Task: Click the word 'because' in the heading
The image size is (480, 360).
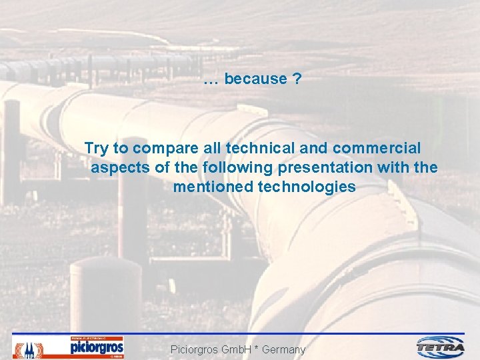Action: click(x=255, y=79)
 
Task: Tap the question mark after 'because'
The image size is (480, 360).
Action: click(x=297, y=79)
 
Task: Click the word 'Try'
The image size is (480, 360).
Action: click(x=97, y=148)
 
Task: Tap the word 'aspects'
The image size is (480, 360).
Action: click(x=120, y=167)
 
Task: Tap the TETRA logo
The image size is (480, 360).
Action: click(x=441, y=347)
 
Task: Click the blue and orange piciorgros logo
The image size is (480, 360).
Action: click(x=97, y=347)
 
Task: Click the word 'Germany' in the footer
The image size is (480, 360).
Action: click(x=283, y=349)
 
